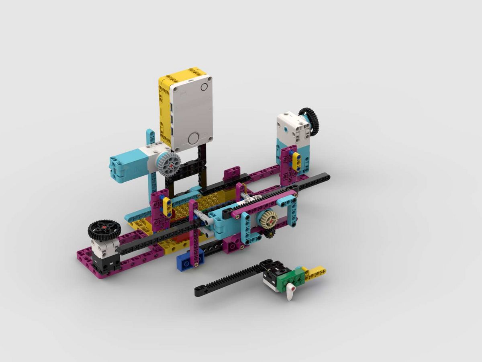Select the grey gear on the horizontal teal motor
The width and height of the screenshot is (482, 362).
pos(169,165)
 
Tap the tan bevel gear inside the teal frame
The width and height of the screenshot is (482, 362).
pos(268,219)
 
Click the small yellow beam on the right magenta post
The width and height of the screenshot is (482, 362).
pos(296,161)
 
